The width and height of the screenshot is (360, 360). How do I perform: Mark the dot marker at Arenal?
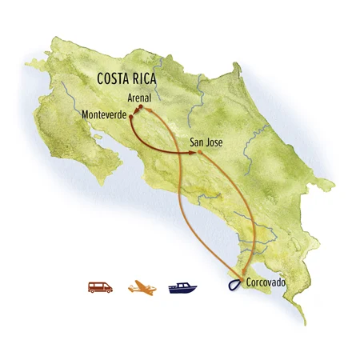(x=139, y=108)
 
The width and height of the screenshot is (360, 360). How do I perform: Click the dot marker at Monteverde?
(x=132, y=115)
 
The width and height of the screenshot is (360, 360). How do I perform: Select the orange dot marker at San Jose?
(x=199, y=152)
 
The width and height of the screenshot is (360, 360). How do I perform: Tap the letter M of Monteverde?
(x=86, y=114)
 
